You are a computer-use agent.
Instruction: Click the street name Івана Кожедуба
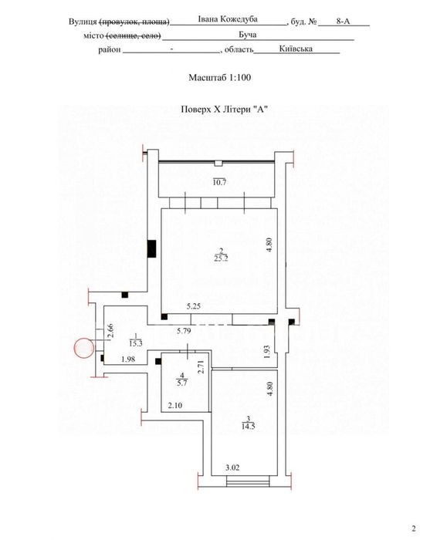click(x=228, y=19)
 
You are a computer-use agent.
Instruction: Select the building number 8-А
click(x=343, y=22)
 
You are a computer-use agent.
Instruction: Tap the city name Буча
click(x=248, y=35)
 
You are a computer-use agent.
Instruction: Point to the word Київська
click(x=296, y=49)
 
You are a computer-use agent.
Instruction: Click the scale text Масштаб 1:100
click(x=219, y=77)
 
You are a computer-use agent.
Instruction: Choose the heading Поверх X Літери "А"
click(x=225, y=110)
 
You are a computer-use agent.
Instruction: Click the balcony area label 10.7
click(x=219, y=182)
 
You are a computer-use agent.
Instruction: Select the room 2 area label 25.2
click(x=221, y=258)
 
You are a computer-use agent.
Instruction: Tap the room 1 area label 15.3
click(x=136, y=343)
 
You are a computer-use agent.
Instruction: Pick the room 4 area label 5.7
click(x=181, y=383)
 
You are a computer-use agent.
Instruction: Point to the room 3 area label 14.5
click(x=249, y=426)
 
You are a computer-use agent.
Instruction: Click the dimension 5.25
click(x=194, y=306)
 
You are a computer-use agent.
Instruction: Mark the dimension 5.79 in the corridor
click(x=184, y=331)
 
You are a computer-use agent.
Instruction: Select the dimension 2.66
click(x=110, y=331)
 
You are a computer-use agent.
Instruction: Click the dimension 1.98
click(x=128, y=359)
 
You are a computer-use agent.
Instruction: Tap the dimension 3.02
click(x=232, y=467)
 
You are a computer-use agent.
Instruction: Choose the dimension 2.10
click(x=175, y=405)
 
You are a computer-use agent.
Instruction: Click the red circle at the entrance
click(x=84, y=348)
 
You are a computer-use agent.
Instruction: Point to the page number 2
click(x=414, y=528)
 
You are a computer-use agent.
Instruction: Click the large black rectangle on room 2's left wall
click(x=151, y=248)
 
